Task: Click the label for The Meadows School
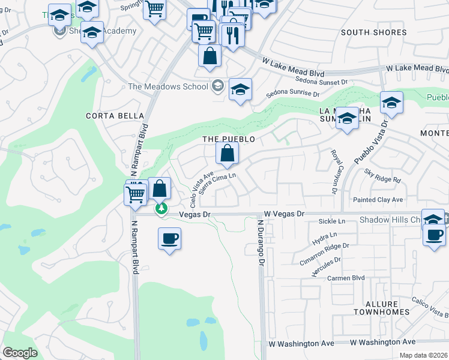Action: (167, 86)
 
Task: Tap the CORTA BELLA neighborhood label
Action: (115, 116)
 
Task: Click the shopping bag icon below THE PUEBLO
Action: (228, 155)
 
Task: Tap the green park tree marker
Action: (161, 209)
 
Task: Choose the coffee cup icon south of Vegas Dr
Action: (169, 239)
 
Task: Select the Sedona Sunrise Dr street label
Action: (293, 93)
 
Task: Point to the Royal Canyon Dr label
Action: (333, 171)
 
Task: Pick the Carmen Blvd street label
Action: (346, 278)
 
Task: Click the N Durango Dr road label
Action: (261, 242)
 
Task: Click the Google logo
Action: (20, 352)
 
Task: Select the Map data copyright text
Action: (424, 355)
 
